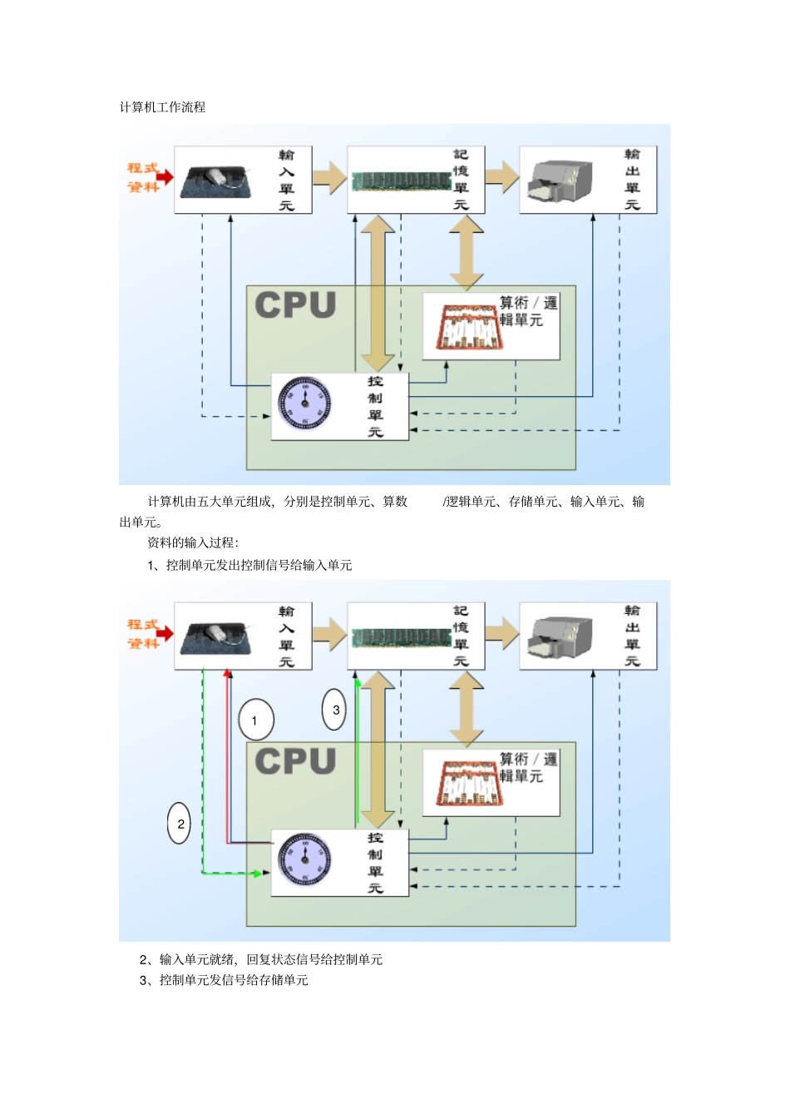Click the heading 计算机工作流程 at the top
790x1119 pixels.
(x=162, y=107)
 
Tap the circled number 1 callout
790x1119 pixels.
(x=255, y=720)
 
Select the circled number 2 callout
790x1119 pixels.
(x=180, y=824)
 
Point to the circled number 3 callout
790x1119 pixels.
(x=334, y=710)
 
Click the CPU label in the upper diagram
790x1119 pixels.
(x=295, y=305)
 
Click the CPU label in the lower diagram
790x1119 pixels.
(x=295, y=761)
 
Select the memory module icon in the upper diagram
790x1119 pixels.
(x=402, y=181)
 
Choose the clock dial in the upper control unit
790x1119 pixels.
(x=304, y=404)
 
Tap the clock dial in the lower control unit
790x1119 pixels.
(x=304, y=859)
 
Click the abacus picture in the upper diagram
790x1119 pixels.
(x=469, y=327)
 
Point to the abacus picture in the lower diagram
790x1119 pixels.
(x=469, y=783)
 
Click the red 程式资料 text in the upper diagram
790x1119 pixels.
(x=142, y=177)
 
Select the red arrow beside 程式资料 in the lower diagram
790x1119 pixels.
(x=165, y=633)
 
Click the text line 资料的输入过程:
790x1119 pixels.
(x=193, y=542)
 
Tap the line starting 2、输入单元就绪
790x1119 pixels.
(x=261, y=959)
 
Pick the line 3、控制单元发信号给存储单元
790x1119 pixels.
(x=224, y=980)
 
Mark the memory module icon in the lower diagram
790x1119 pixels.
(x=402, y=637)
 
